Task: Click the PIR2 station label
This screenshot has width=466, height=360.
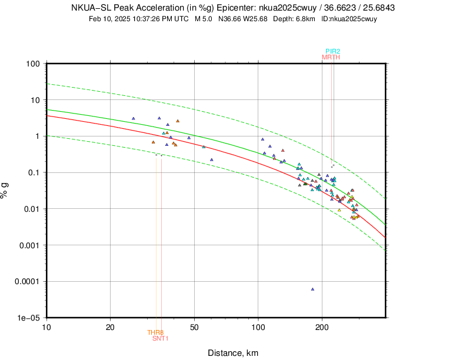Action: pos(332,51)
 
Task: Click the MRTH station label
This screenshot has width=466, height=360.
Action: pos(331,57)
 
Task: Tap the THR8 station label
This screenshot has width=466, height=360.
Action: pos(155,332)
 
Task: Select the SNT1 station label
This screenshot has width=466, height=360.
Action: pos(161,338)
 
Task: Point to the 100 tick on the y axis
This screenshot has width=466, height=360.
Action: pos(32,64)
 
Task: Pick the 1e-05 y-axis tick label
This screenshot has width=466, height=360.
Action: pos(28,318)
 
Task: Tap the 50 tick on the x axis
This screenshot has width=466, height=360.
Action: pos(194,326)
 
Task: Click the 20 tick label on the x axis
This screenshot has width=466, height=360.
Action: pos(110,326)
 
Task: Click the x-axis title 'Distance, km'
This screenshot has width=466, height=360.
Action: pos(233,353)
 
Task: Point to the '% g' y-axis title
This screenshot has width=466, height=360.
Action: pos(8,191)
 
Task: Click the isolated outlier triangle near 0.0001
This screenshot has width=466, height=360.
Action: pos(312,289)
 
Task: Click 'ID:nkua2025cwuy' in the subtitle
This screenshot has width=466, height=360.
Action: pos(349,19)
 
